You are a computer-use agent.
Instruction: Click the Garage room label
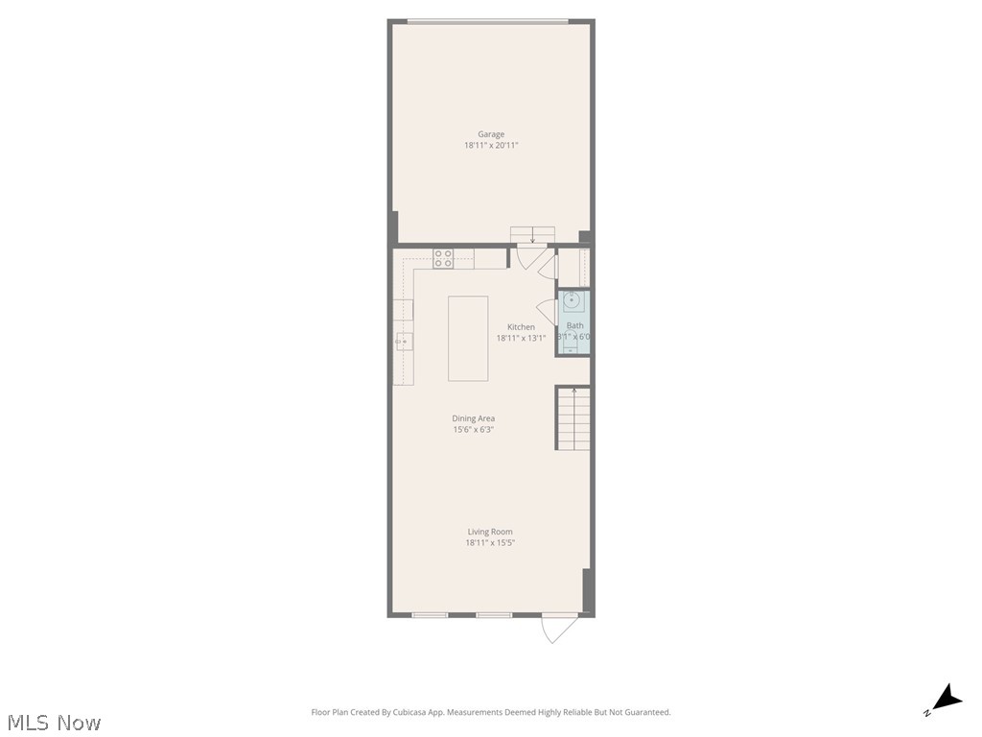(491, 134)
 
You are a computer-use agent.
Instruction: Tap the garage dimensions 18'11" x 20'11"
(491, 146)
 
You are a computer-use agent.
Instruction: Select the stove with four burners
(443, 257)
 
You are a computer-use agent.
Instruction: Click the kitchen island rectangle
(468, 338)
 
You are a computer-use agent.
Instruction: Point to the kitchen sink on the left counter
(405, 341)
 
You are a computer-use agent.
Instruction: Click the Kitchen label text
(521, 327)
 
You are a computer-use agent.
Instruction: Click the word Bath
(574, 326)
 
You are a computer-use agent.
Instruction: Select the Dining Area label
(474, 418)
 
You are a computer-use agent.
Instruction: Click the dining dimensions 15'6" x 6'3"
(474, 430)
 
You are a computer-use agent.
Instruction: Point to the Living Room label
(490, 532)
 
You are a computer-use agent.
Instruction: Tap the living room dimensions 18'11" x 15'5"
(490, 543)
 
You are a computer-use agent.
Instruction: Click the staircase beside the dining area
(573, 419)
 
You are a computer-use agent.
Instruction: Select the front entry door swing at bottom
(558, 627)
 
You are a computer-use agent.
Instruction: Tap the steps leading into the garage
(532, 235)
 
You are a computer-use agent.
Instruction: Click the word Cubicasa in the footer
(411, 712)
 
